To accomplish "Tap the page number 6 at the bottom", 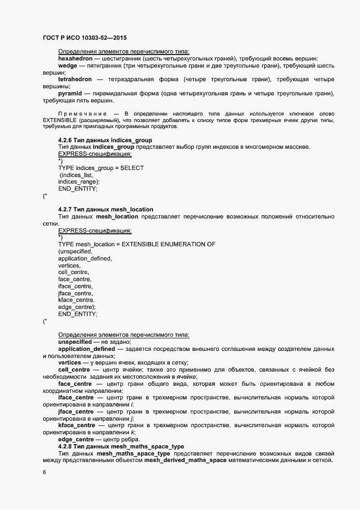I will point(44,472).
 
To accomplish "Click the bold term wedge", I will point(68,65).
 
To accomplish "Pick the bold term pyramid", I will point(69,94).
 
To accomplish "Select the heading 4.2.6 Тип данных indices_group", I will point(105,140).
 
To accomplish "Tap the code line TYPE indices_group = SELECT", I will point(101,168).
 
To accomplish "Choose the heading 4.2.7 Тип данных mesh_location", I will point(105,209).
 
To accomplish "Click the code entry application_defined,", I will point(84,258).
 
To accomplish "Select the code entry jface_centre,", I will point(76,293).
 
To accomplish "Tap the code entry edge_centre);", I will point(77,307).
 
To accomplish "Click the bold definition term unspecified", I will point(75,341).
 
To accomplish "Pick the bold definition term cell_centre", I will point(74,369).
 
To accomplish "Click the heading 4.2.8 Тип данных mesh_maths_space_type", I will point(121,446).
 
